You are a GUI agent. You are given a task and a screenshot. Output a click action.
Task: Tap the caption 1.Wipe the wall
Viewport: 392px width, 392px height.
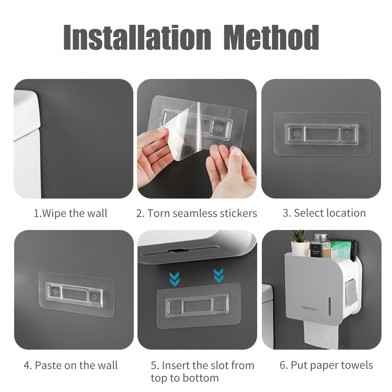tap(70, 213)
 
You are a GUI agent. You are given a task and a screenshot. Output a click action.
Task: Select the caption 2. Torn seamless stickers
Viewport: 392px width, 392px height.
tap(197, 213)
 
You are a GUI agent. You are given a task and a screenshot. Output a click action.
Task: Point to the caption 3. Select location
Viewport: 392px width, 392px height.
tap(324, 213)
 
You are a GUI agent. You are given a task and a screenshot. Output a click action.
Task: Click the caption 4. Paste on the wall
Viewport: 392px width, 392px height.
tap(71, 365)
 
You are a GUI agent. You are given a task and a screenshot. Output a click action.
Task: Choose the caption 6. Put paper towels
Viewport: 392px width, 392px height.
tap(326, 365)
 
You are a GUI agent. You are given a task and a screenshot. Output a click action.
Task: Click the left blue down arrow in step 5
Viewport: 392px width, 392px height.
tap(174, 279)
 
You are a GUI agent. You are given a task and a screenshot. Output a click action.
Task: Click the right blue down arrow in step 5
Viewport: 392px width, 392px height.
tap(218, 275)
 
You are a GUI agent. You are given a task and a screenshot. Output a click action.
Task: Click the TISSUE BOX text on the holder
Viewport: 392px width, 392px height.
tap(309, 309)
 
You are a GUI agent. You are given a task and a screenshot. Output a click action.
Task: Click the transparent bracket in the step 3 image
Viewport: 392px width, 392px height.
tap(321, 134)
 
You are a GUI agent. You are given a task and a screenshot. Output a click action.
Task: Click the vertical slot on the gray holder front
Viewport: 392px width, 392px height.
tap(330, 305)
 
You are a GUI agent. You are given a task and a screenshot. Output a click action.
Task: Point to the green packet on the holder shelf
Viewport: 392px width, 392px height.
tap(340, 250)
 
